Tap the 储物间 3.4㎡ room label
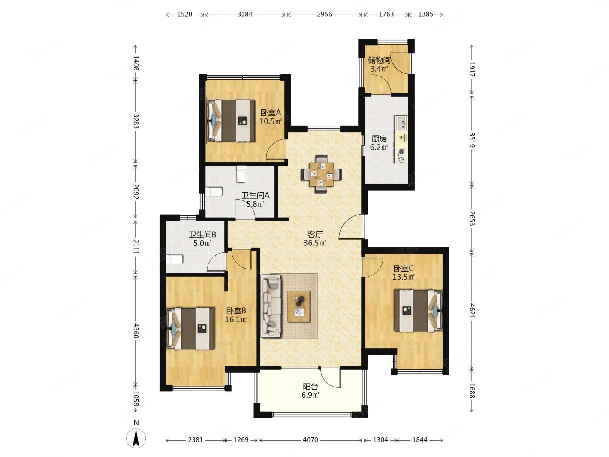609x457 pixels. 379,64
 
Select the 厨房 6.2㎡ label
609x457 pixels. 379,143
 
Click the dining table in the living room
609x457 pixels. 321,174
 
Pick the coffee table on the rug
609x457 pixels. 298,306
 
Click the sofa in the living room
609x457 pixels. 271,306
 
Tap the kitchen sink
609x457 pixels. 401,124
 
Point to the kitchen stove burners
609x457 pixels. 401,155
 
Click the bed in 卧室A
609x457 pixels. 231,121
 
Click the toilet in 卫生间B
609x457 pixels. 174,260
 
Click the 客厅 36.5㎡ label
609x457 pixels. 315,239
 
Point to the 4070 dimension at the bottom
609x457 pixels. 310,439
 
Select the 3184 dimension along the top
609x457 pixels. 245,14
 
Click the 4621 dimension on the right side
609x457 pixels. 472,312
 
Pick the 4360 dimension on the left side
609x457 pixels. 136,330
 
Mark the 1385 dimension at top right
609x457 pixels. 425,14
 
